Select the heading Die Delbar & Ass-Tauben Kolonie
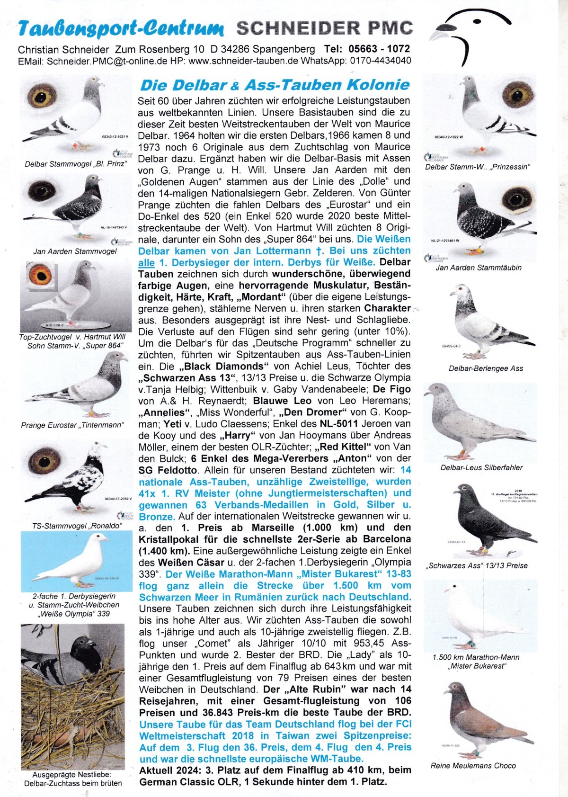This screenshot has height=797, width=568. point(275,85)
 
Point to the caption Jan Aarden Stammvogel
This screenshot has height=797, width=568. point(75,251)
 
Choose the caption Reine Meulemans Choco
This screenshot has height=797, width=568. point(473,765)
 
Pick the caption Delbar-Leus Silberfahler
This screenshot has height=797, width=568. point(481,467)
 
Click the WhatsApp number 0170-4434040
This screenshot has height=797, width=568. point(381,61)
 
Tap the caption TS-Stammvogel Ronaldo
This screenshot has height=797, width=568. point(77,526)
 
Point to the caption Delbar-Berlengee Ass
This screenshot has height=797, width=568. point(486,368)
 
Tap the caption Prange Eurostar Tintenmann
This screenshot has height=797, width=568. point(72,425)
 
